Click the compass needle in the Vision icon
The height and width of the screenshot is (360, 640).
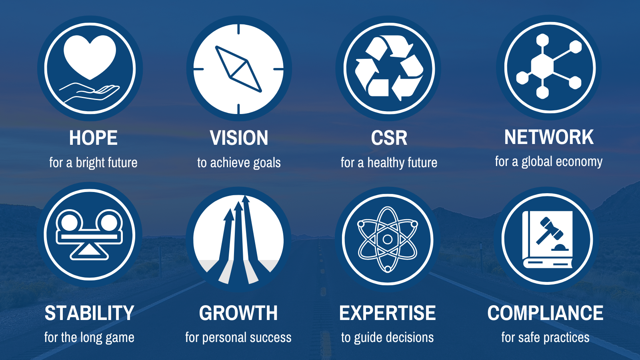point(238,69)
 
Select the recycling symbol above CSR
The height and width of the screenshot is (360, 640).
point(389,68)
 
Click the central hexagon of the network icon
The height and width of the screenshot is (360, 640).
point(542,66)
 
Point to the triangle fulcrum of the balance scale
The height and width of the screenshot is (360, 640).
point(90,252)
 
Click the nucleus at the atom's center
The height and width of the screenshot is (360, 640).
point(388,239)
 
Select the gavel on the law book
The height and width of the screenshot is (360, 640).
point(550,230)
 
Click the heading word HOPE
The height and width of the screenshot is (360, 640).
point(93,138)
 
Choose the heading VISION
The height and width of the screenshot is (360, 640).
point(239,138)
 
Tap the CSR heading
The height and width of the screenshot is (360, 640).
point(389,138)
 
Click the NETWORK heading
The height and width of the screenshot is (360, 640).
point(549,137)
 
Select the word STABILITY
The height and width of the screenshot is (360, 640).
point(90,313)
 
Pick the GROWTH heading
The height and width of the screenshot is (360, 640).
point(238,313)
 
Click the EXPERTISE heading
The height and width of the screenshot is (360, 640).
point(388,313)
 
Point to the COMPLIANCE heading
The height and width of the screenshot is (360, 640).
point(546,313)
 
